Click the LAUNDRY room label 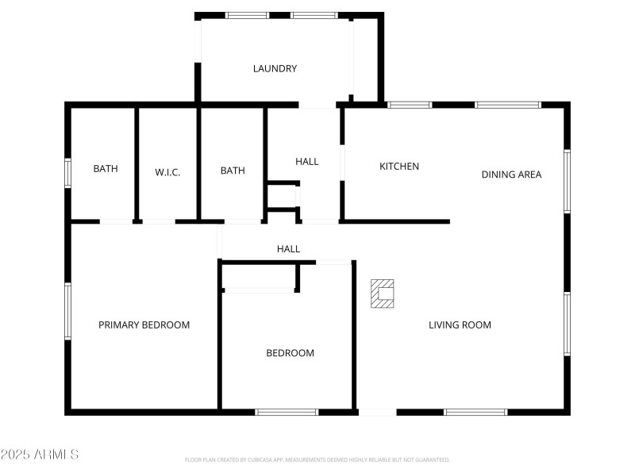275,69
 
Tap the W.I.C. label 167,171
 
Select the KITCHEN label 399,167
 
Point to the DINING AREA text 511,175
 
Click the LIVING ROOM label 460,324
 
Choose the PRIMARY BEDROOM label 144,324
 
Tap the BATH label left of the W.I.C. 106,169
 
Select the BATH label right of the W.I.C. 233,171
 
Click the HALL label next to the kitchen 307,162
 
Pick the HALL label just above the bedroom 288,249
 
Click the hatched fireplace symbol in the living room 383,293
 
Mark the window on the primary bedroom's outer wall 68,311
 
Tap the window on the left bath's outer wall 68,172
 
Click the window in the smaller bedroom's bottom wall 287,412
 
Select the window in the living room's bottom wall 475,412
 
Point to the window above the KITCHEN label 410,105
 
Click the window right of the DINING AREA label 567,181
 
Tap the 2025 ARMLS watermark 40,455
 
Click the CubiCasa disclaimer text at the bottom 317,459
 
